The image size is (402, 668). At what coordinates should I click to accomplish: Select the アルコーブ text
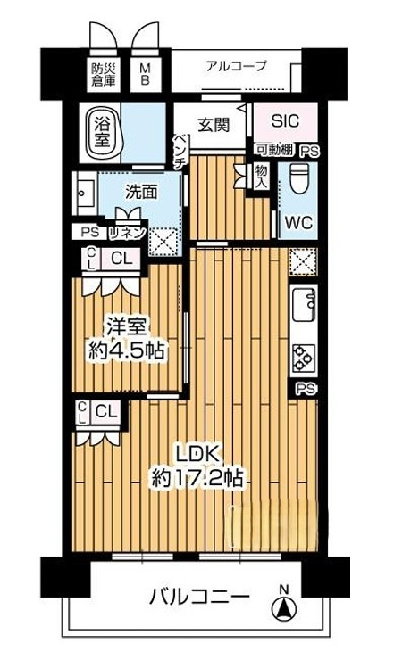pyautogui.click(x=236, y=66)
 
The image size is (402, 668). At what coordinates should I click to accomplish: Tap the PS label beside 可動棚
pyautogui.click(x=309, y=151)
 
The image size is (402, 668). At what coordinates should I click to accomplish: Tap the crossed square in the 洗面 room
pyautogui.click(x=163, y=240)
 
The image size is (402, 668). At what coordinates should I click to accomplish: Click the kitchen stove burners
pyautogui.click(x=303, y=357)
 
